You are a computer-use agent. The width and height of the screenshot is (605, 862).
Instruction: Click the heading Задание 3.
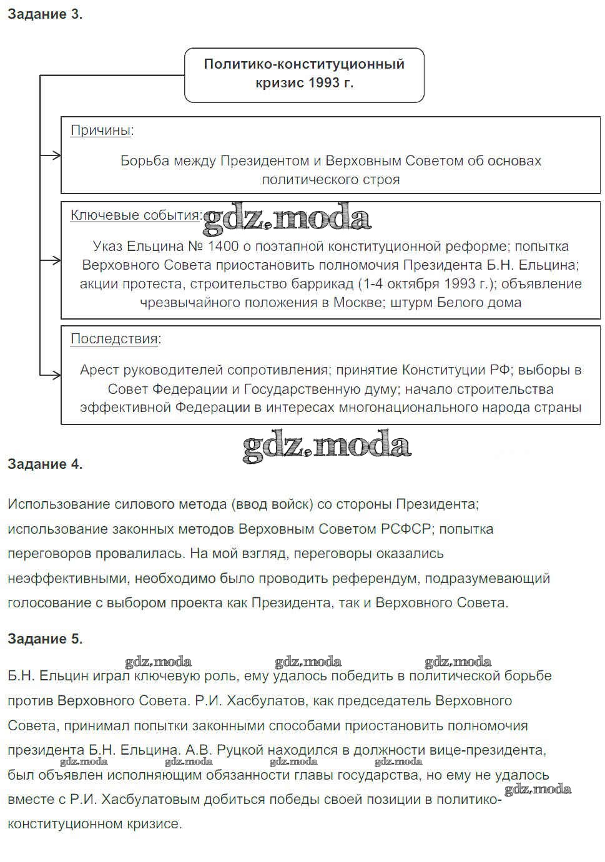point(44,14)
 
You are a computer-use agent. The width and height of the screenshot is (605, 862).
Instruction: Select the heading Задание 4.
point(44,464)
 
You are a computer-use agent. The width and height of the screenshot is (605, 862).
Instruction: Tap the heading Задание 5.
point(44,639)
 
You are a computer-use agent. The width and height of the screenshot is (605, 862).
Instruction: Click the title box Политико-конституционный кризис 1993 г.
point(304,74)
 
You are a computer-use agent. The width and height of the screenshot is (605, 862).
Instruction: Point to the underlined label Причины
point(101,130)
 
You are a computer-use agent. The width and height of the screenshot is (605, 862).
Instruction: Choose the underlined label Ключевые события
point(134,215)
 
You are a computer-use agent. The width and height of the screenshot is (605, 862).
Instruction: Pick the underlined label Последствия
point(114,339)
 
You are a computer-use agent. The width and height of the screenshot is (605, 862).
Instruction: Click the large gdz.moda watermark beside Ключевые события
point(287,218)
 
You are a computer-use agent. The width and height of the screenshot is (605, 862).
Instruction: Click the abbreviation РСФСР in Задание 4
point(406,529)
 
